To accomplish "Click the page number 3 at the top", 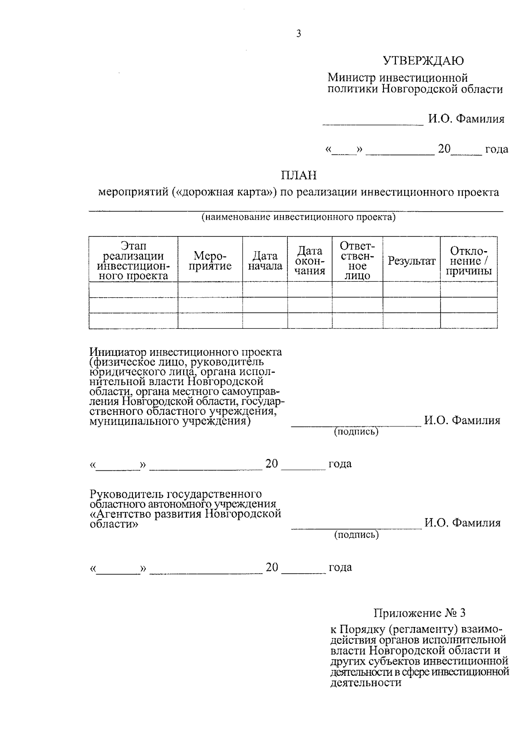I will click(x=298, y=34).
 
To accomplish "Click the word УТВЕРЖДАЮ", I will click(x=423, y=61).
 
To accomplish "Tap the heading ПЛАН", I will click(x=299, y=176).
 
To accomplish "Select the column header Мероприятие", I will click(x=210, y=261).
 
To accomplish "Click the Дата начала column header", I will click(x=265, y=261).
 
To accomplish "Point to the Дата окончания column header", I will click(x=310, y=261).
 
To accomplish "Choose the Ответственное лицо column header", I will click(x=357, y=260).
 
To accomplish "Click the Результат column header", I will click(x=411, y=261).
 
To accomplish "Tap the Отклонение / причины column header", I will click(x=469, y=261).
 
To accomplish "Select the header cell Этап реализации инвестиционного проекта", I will click(x=133, y=261).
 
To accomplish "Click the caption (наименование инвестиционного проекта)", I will click(x=298, y=217).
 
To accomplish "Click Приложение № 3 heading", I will click(x=419, y=613).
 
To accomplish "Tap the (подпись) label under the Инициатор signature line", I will click(x=356, y=431).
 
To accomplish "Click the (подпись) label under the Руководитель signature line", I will click(x=356, y=535).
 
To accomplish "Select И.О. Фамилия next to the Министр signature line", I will click(x=466, y=119).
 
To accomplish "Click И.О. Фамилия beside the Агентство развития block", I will click(x=462, y=523).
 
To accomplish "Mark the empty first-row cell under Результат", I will click(x=411, y=289).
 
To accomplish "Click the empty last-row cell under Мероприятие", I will click(x=210, y=320).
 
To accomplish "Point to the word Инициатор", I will click(x=117, y=352).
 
